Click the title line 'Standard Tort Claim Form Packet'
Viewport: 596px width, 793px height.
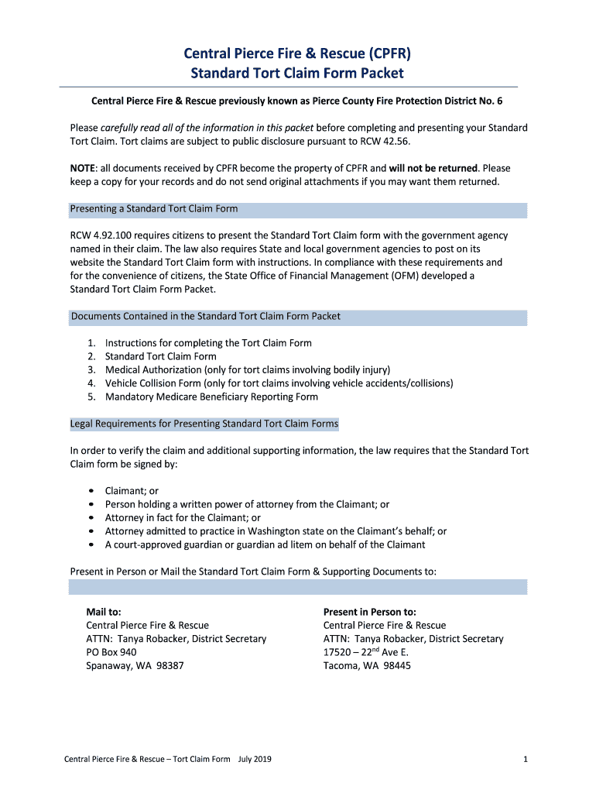pos(297,74)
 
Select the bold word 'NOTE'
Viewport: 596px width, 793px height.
pos(84,168)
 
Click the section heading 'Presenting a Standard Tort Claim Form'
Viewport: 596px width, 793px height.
pos(154,209)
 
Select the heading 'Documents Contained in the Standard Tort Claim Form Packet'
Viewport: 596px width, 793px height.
pos(206,316)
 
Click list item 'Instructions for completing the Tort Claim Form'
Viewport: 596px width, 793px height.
pos(208,342)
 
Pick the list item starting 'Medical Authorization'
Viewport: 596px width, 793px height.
pos(248,369)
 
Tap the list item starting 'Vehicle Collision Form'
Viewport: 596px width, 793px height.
pos(279,383)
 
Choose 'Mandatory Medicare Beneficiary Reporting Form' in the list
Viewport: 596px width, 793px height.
pos(211,396)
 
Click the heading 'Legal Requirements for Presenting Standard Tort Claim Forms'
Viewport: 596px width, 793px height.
pos(204,424)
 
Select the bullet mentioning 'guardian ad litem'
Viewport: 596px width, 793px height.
pos(265,544)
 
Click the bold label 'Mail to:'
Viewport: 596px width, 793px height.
pos(103,612)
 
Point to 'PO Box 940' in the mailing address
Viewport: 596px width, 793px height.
pos(111,652)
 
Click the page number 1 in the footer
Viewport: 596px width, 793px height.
pos(525,760)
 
